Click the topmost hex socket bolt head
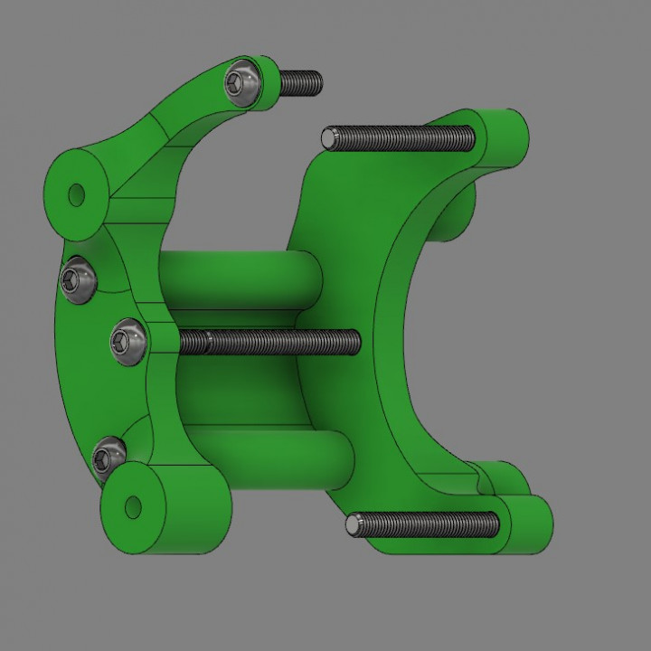point(242,84)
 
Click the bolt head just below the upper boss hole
point(78,280)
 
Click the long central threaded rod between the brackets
point(271,342)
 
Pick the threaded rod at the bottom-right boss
point(425,524)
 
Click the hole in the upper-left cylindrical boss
point(77,193)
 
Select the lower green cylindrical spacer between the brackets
point(271,461)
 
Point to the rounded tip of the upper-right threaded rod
point(329,138)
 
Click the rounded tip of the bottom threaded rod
point(355,524)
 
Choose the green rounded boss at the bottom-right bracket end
point(529,523)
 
